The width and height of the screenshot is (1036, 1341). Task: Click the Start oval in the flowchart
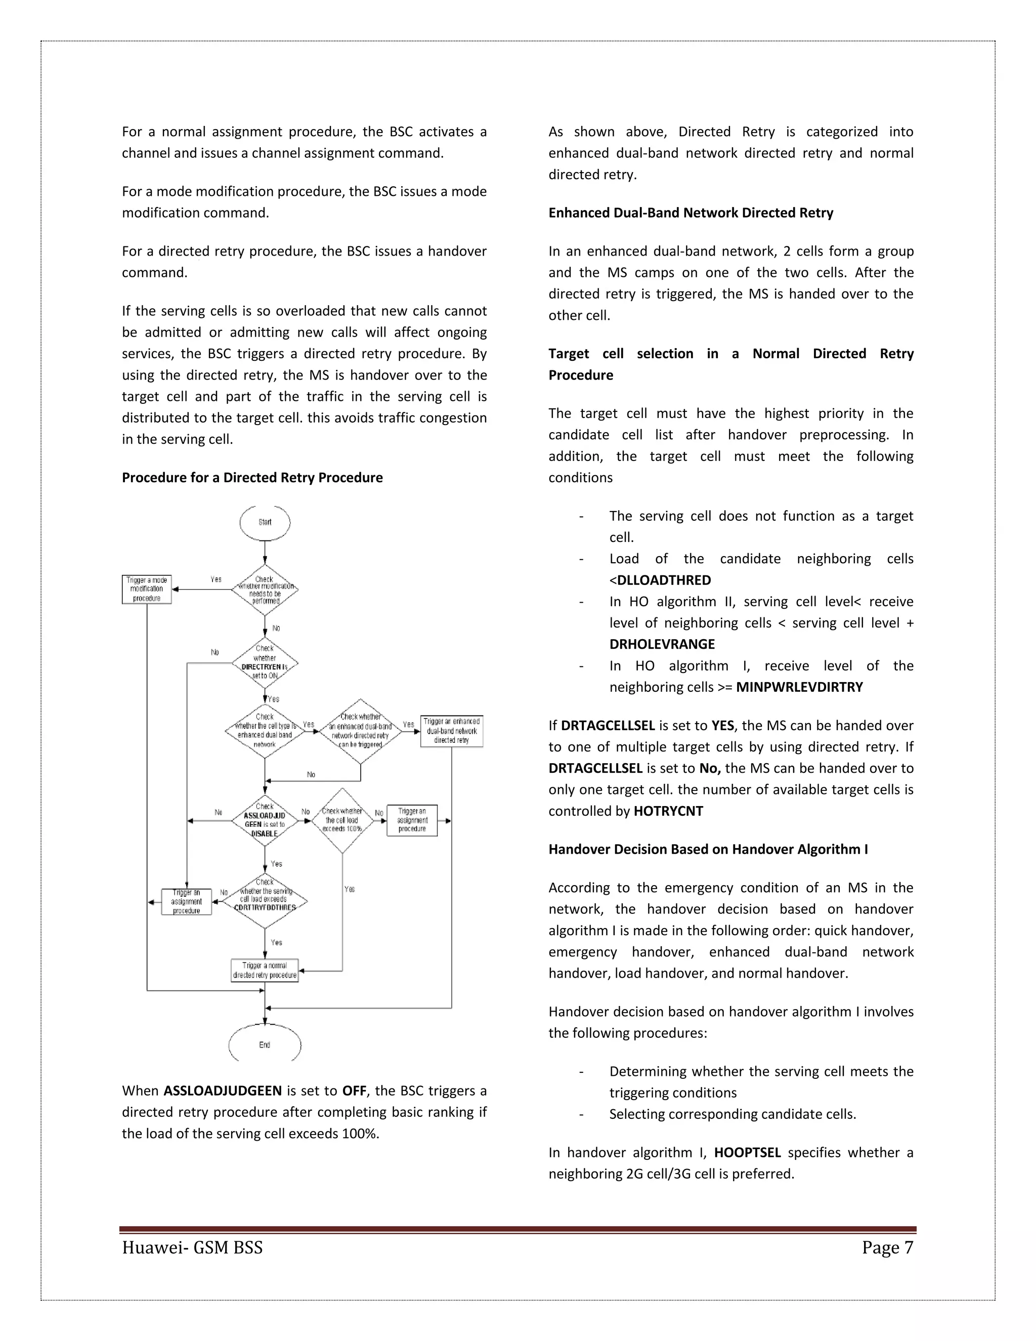click(x=265, y=523)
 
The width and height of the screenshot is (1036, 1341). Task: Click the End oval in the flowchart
click(x=265, y=1044)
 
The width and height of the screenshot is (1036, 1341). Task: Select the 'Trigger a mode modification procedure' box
click(x=147, y=590)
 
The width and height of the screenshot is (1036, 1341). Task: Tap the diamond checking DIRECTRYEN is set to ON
click(x=265, y=663)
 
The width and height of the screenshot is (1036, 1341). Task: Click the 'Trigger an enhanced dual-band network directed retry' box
click(x=452, y=731)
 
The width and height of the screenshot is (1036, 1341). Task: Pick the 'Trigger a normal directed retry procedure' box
click(x=265, y=970)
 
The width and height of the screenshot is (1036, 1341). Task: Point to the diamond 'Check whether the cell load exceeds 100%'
click(x=342, y=820)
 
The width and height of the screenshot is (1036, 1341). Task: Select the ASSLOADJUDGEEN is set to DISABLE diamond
click(x=265, y=821)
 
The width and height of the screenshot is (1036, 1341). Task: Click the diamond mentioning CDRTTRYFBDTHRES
click(x=265, y=901)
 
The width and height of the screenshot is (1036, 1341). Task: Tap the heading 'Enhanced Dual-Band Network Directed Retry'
click(x=690, y=213)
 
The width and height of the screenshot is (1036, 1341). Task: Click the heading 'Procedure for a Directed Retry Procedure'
click(x=251, y=478)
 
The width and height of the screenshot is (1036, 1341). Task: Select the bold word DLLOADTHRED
click(x=664, y=580)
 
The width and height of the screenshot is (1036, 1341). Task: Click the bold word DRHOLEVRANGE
click(x=662, y=644)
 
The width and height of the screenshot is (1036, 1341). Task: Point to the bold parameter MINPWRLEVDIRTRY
click(x=799, y=687)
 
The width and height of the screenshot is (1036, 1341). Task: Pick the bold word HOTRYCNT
click(x=668, y=811)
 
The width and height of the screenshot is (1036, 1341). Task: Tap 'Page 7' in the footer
click(x=887, y=1248)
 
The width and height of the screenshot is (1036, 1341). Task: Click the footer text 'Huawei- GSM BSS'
click(x=192, y=1248)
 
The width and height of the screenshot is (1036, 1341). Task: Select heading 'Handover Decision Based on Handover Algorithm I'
click(x=708, y=849)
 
